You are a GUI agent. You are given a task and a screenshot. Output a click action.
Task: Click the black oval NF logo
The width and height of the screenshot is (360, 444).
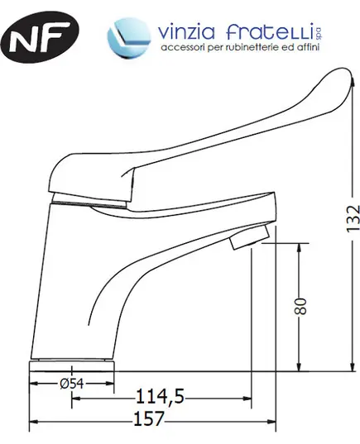pos(40,36)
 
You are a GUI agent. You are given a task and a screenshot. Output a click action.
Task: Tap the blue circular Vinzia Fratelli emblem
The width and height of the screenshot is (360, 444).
pos(129,38)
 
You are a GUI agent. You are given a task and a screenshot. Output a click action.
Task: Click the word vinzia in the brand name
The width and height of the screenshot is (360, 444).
pos(186,31)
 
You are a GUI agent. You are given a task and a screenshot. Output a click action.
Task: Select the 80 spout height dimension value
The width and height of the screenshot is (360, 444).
pos(300,306)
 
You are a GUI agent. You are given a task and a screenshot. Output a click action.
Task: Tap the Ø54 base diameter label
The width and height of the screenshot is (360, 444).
pos(72,384)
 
